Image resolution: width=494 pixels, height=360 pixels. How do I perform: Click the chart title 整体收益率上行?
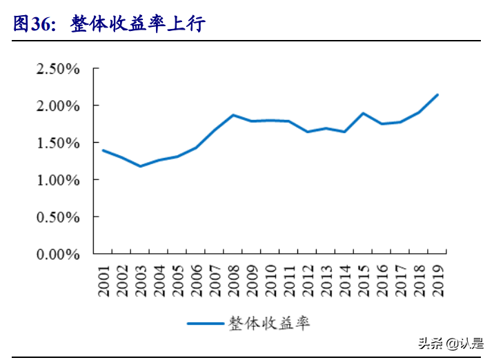(x=137, y=24)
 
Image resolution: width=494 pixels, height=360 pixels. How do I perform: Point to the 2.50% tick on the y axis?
(x=59, y=69)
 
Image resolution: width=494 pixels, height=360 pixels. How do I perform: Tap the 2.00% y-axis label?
(x=59, y=106)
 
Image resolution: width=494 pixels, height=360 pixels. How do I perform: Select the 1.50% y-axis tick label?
(x=59, y=143)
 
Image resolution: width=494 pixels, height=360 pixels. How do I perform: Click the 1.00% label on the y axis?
(x=59, y=180)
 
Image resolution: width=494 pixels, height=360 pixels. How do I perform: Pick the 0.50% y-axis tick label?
(x=59, y=217)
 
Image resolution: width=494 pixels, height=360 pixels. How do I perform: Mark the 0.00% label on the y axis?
(x=59, y=254)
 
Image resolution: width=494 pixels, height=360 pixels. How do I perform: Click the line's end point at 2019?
(x=437, y=95)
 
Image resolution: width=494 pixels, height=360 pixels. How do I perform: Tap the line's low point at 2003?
(x=140, y=166)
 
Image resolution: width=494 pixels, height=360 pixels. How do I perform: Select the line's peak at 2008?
(x=233, y=115)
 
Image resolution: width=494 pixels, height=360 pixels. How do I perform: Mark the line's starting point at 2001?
(x=103, y=150)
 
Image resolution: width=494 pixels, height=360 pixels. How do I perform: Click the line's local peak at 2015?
(x=363, y=113)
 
